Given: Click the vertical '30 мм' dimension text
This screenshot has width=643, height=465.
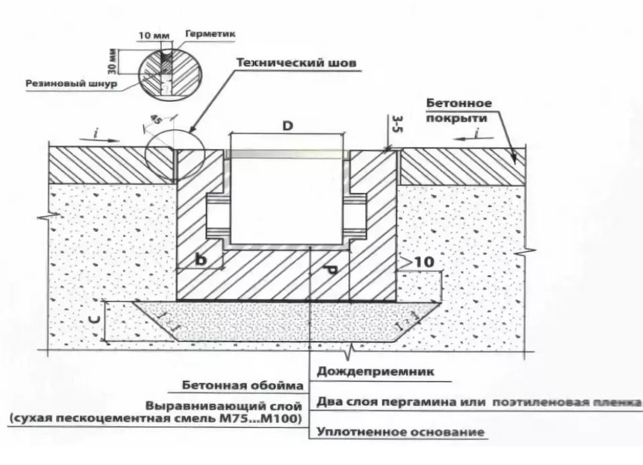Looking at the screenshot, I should tap(112, 60).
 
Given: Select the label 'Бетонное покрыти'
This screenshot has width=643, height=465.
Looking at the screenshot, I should tap(458, 111).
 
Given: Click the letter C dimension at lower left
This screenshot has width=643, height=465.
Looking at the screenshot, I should tap(95, 321).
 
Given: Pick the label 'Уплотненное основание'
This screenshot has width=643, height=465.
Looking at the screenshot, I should tap(401, 432).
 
